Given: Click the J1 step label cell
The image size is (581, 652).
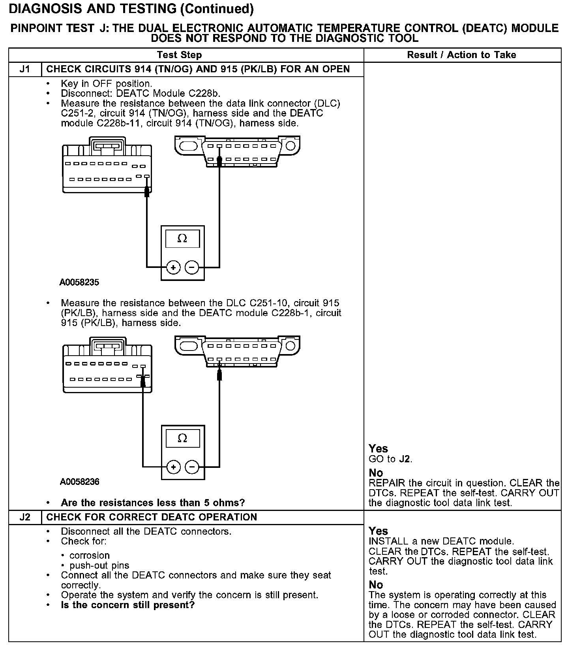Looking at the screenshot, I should tap(25, 69).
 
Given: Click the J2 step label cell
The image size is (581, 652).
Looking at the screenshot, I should tap(25, 517).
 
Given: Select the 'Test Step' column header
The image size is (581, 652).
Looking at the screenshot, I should tap(179, 55).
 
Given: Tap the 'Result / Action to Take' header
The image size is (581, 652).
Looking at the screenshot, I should tap(461, 55).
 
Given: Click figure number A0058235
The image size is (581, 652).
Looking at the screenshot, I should tap(79, 283).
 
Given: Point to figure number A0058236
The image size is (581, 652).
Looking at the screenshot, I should tap(79, 482).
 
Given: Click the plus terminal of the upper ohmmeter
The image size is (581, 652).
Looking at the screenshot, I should tap(173, 268).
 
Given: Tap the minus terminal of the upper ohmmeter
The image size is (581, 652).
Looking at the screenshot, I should tap(192, 268).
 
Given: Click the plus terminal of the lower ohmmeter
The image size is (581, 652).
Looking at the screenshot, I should tap(173, 467).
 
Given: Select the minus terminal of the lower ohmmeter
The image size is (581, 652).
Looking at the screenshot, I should tap(192, 467).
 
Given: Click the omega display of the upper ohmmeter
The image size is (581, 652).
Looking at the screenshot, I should tap(182, 239).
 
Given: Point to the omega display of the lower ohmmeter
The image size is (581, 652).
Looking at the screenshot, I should tap(182, 438).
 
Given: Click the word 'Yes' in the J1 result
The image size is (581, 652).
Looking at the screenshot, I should tap(378, 448).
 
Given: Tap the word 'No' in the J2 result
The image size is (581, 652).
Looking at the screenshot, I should tap(376, 584).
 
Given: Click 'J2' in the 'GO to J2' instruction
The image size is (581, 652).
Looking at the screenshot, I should tap(405, 459).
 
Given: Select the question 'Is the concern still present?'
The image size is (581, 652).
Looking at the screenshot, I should tap(127, 605).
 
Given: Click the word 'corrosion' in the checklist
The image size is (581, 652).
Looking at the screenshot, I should tap(89, 555).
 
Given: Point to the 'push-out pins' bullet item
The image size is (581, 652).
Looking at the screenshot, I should tap(99, 565).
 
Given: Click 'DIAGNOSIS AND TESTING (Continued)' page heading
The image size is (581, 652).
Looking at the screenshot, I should tap(131, 9).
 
